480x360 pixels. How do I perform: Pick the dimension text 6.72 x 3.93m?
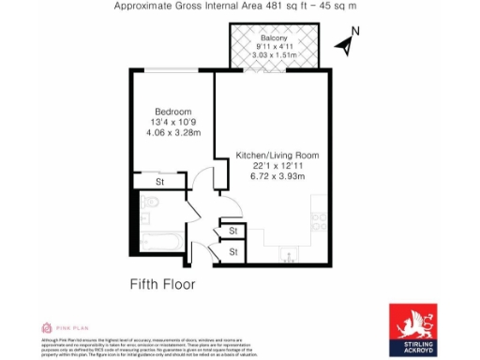tap(277, 176)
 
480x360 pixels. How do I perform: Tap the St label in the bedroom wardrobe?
tap(160, 181)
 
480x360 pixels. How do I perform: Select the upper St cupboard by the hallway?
tap(232, 231)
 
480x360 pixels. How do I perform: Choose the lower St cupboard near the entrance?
tap(232, 251)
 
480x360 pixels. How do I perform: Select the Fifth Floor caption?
tap(161, 283)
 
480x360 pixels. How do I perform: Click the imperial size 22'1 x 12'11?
tap(277, 165)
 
